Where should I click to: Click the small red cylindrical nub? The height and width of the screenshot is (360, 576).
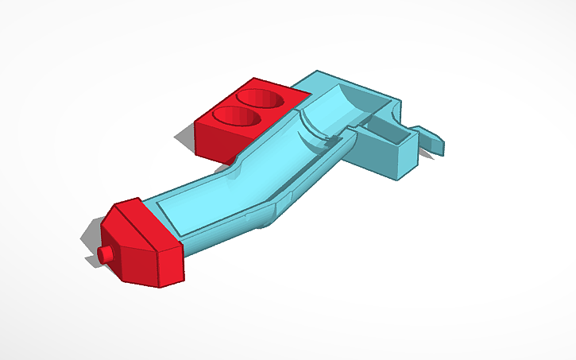(x=105, y=254)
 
